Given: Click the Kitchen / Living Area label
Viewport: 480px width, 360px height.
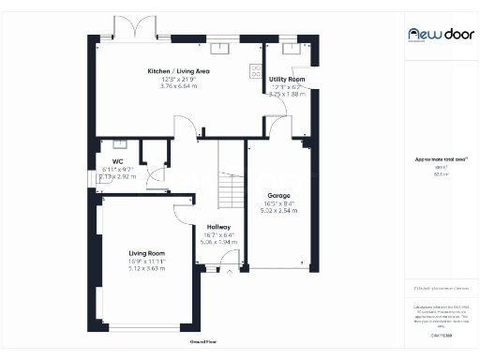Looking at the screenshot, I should point(177,71).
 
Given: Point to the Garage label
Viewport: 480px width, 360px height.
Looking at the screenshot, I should point(278,195).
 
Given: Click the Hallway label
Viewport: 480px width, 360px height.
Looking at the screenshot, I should point(218,227).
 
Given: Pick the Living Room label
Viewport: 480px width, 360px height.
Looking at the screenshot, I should point(146,253).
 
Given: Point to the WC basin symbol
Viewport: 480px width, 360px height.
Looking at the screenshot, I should point(120,143).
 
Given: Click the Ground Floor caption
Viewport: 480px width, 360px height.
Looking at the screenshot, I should point(203,342).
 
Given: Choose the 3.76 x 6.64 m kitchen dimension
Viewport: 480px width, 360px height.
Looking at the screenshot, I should point(177,87).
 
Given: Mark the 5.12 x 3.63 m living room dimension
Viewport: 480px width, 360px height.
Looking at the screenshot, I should point(146,269).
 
